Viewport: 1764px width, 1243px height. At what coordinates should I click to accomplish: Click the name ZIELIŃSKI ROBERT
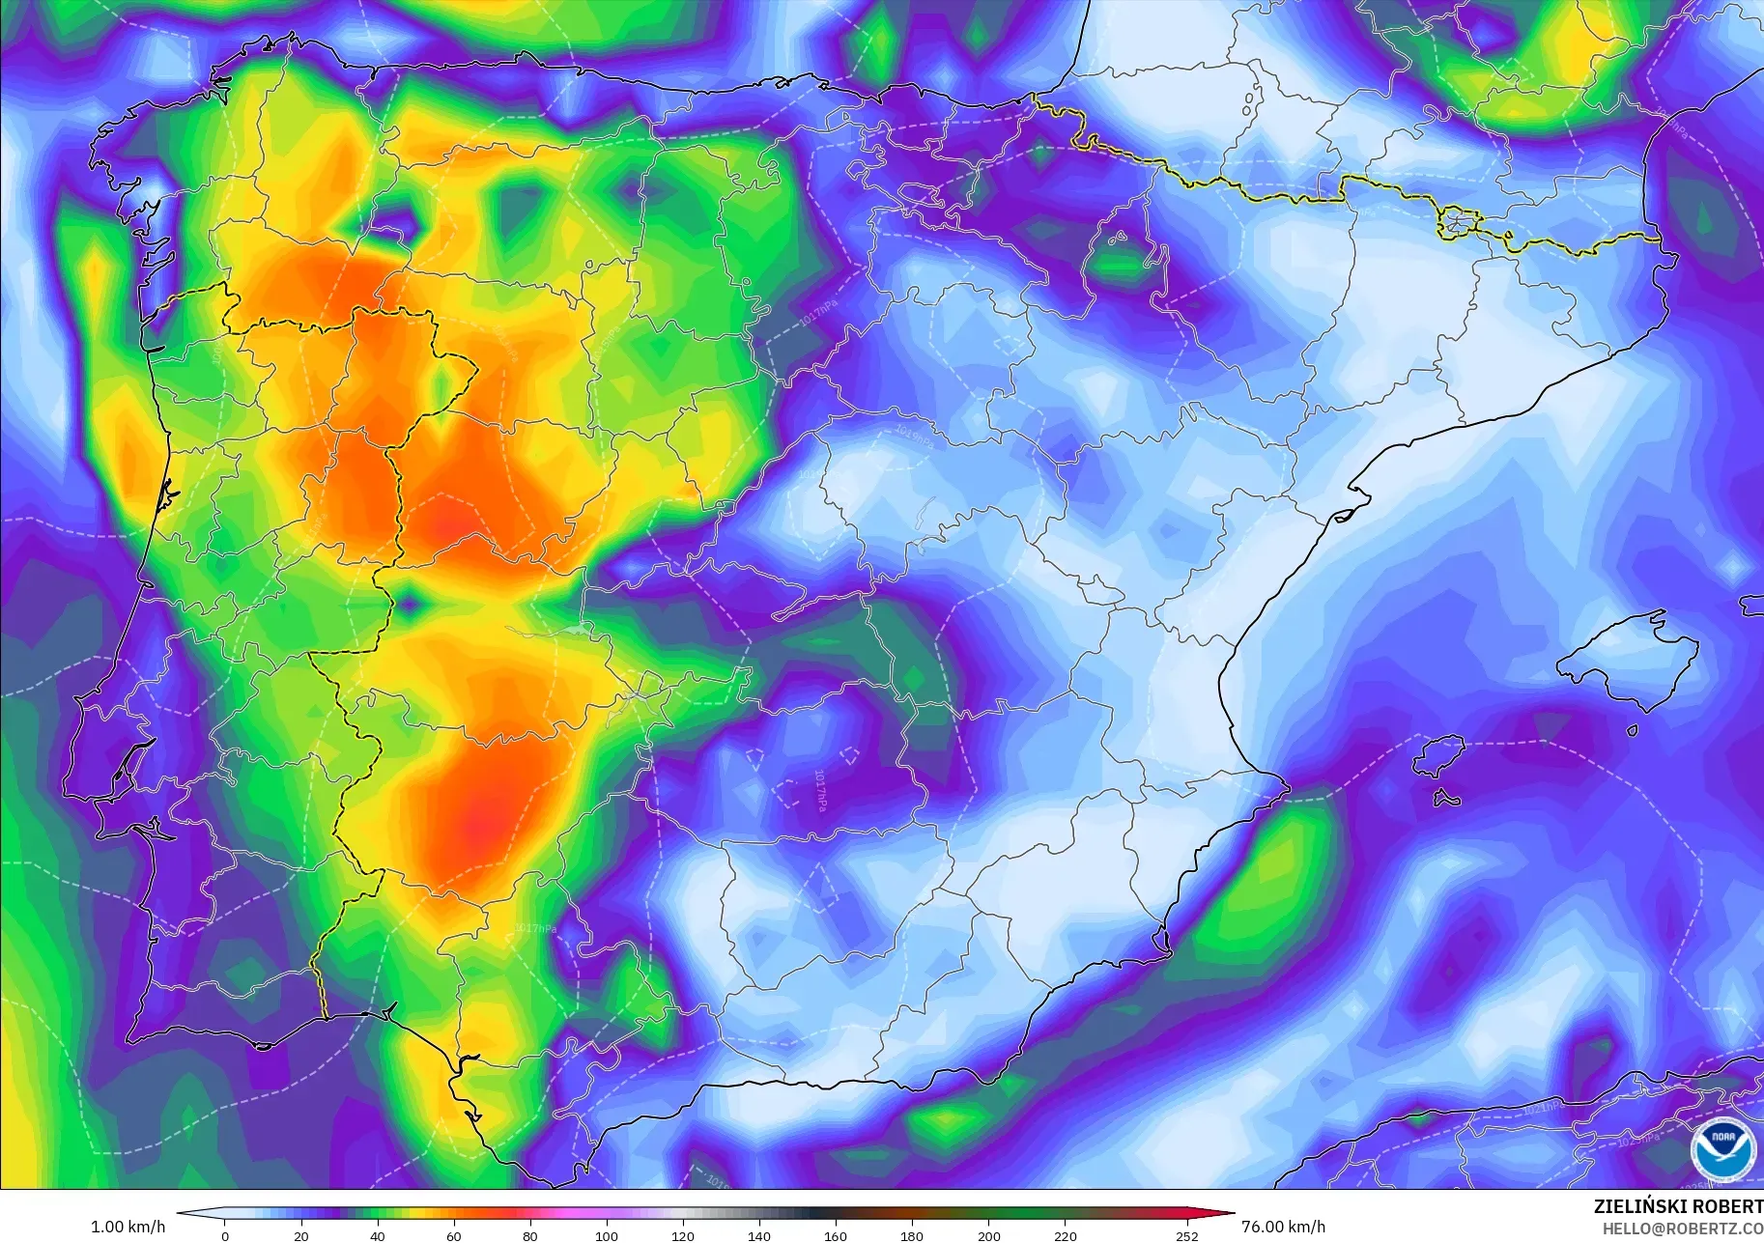[x=1677, y=1206]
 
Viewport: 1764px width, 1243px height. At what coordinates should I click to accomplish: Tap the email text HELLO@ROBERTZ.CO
[x=1682, y=1229]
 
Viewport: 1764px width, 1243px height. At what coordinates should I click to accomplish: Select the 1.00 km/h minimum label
[x=128, y=1227]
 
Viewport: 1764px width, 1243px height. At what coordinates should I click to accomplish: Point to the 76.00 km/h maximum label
[x=1283, y=1227]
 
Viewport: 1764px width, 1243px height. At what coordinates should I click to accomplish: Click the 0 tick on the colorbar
[x=225, y=1235]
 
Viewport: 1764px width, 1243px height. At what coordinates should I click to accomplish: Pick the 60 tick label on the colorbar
[x=454, y=1235]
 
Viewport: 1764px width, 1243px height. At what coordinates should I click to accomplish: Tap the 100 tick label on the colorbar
[x=607, y=1235]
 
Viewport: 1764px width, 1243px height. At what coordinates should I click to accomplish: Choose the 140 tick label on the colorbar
[x=759, y=1235]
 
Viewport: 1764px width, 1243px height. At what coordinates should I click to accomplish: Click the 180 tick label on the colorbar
[x=912, y=1235]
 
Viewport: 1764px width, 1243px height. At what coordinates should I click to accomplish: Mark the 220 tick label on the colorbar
[x=1065, y=1235]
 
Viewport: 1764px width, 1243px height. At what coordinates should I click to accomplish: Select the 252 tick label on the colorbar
[x=1187, y=1235]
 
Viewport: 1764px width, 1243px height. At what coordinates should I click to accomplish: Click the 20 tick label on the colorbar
[x=301, y=1235]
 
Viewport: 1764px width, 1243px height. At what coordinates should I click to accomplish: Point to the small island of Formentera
[x=1446, y=799]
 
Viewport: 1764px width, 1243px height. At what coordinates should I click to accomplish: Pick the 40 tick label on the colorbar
[x=378, y=1235]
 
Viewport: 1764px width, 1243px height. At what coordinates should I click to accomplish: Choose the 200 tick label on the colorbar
[x=988, y=1235]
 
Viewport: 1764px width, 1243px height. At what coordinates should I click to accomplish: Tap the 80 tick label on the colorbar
[x=530, y=1235]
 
